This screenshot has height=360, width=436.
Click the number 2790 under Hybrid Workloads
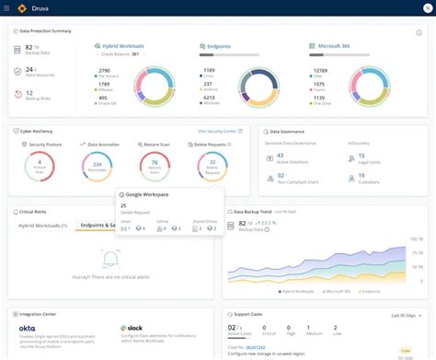tap(104, 70)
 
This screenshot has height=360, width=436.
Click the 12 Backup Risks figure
tap(30, 92)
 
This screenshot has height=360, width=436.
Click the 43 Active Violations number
tap(280, 156)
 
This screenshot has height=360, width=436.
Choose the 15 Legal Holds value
tap(361, 156)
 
